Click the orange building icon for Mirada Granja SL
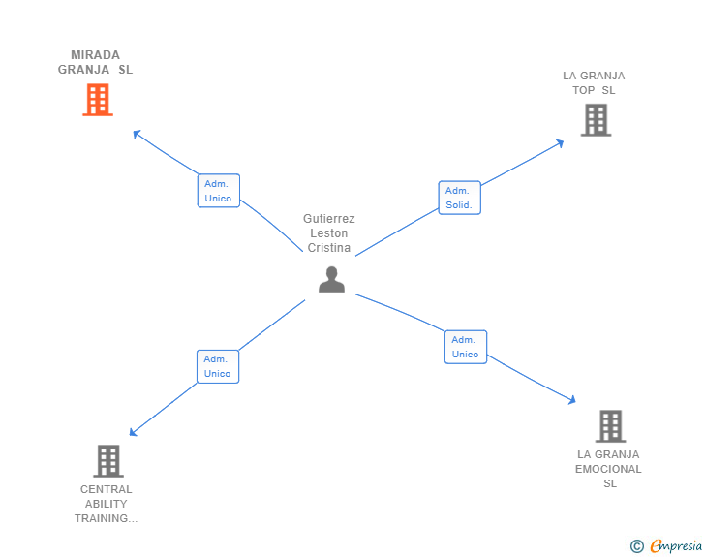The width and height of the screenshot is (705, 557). (97, 100)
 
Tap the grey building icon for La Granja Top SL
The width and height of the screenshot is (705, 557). (596, 120)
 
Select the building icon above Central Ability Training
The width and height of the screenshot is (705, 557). (108, 461)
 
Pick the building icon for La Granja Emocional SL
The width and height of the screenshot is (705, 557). (610, 426)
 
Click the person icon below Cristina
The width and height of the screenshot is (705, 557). (331, 279)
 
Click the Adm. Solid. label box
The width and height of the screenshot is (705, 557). (459, 198)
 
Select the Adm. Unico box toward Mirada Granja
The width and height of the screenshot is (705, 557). (218, 191)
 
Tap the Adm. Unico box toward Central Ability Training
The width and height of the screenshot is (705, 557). (217, 366)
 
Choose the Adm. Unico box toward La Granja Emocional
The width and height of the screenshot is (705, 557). (465, 347)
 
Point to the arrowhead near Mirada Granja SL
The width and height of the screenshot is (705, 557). (137, 133)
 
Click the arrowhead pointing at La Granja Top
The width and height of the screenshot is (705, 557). (560, 143)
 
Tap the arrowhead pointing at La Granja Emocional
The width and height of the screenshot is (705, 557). (572, 399)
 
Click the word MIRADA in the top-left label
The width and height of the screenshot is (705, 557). (95, 55)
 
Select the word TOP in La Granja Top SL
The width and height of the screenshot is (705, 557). (581, 90)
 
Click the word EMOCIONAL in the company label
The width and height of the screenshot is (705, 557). (608, 469)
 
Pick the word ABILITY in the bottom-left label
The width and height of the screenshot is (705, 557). (106, 504)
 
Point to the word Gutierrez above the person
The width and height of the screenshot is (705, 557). (328, 219)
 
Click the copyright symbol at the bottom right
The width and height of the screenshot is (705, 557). (636, 546)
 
